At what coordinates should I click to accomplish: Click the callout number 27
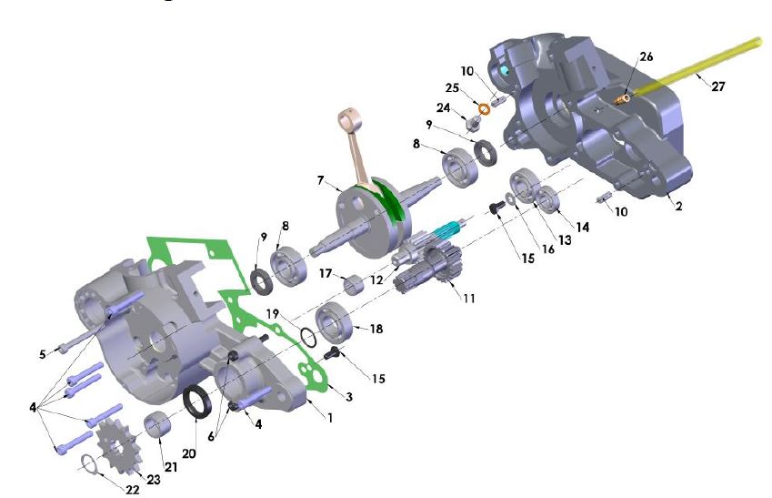tap(718, 86)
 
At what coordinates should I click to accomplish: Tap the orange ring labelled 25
tap(485, 108)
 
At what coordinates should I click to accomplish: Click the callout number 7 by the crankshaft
tap(320, 180)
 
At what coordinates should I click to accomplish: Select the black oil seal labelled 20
tap(197, 401)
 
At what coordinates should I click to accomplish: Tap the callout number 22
tap(133, 490)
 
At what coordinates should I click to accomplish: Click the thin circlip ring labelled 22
tap(88, 462)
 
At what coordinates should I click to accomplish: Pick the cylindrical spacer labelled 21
tap(157, 424)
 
